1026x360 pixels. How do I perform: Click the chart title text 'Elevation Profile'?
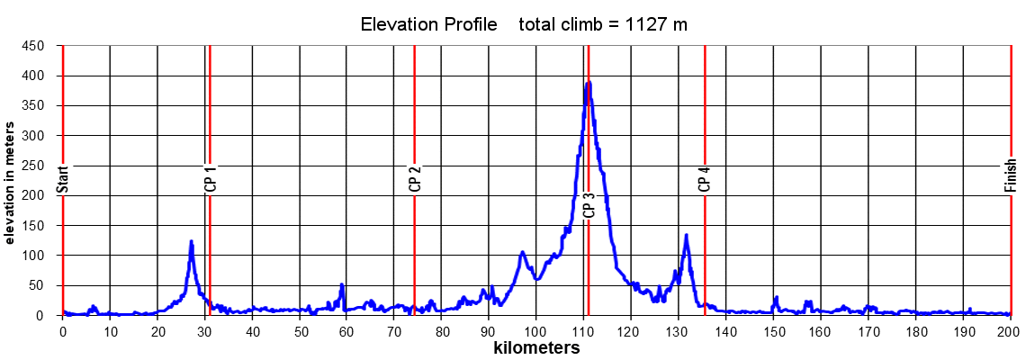tap(428, 24)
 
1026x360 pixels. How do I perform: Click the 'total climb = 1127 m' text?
tap(603, 24)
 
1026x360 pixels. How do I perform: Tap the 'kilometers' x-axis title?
tap(536, 346)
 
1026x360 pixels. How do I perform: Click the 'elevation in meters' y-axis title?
tap(9, 182)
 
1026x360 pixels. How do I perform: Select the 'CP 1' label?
tap(210, 180)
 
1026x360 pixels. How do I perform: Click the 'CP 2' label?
tap(414, 180)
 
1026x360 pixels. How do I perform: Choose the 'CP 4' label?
tap(704, 179)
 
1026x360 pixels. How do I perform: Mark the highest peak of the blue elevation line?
tap(589, 83)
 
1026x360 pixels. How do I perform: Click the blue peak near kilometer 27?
tap(191, 241)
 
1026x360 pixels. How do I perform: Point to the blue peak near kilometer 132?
tap(686, 236)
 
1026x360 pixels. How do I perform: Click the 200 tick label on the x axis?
tap(1009, 330)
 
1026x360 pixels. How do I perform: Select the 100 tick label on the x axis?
tap(536, 330)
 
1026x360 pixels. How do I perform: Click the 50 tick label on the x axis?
tap(299, 330)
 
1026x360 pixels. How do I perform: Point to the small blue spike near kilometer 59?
tap(342, 285)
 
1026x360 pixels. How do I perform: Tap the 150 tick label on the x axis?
tap(773, 330)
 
